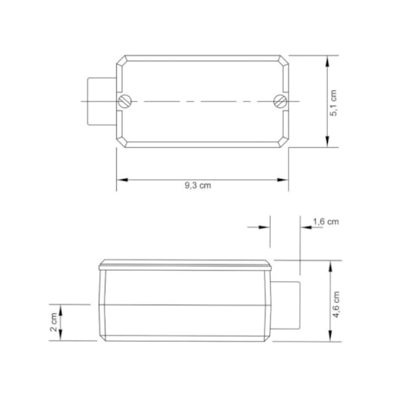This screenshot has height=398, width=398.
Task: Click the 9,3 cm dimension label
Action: point(198,185)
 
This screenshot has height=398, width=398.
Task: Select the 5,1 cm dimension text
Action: point(333,103)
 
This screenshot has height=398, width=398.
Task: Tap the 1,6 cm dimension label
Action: point(326,221)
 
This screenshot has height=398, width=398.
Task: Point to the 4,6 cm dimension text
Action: point(337,305)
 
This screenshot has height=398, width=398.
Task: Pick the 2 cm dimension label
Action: point(54,322)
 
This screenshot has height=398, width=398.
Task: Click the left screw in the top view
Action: point(125,101)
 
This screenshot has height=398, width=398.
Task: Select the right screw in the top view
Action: point(280,101)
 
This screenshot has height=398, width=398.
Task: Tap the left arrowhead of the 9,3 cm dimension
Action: point(122,180)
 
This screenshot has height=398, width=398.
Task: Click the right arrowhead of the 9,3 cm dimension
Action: point(283,180)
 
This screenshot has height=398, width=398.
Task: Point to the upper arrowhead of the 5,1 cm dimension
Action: point(327,61)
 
